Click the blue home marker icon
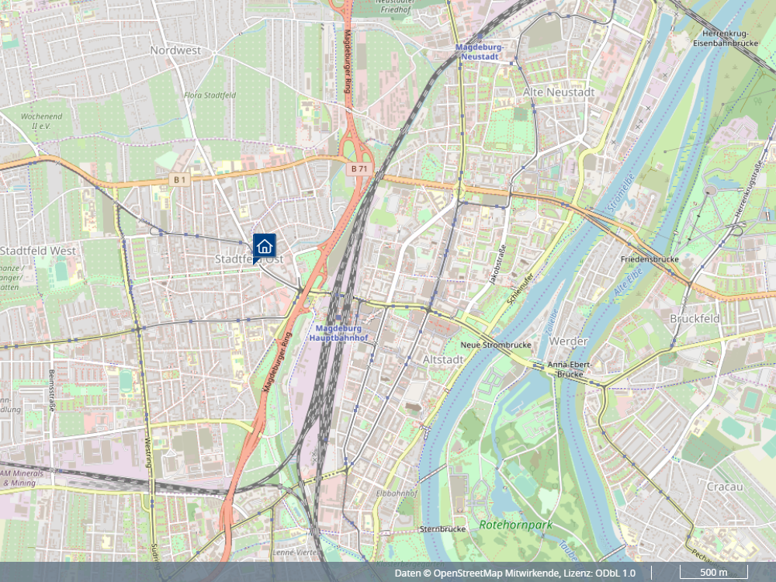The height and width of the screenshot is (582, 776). point(264,247)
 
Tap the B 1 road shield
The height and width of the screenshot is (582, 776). point(180,180)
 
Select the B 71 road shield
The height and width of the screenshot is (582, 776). point(359,168)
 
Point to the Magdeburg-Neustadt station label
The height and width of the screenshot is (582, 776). point(480,52)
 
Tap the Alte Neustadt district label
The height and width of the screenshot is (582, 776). point(559,92)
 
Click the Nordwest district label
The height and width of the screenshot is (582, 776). point(175,50)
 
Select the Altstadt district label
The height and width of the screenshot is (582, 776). point(443,360)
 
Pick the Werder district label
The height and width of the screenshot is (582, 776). point(569,341)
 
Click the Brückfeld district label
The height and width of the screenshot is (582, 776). point(695,319)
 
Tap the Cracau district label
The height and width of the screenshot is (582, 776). point(725,487)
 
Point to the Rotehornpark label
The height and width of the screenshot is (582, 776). point(516,525)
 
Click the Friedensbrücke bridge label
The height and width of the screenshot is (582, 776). point(650,258)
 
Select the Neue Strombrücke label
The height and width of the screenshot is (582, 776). point(495,344)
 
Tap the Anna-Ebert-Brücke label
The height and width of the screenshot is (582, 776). point(565,369)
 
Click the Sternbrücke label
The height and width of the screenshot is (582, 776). point(442,528)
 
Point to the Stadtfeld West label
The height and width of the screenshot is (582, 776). point(38,251)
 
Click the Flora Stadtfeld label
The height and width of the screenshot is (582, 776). point(210,95)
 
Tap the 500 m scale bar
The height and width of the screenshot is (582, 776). point(713,573)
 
